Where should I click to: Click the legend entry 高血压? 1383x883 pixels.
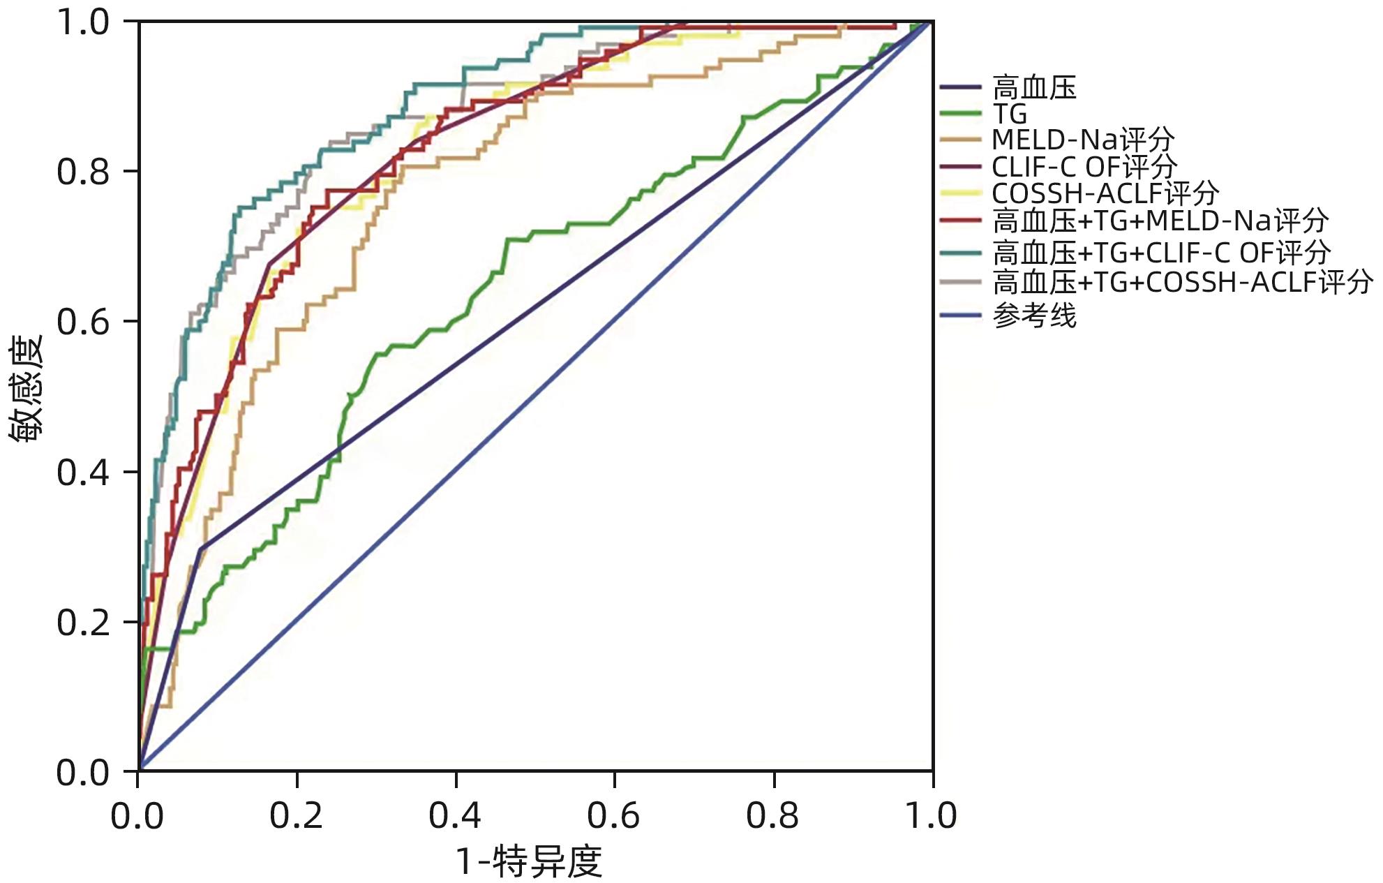point(1034,88)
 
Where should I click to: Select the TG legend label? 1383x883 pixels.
point(1010,114)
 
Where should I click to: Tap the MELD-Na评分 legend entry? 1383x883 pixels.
point(1083,140)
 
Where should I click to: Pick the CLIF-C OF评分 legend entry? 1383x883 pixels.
point(1084,166)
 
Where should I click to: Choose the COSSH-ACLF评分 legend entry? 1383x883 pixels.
point(1105,193)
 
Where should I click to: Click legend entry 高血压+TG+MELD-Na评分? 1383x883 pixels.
point(1160,221)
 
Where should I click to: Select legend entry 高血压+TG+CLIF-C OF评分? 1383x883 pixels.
point(1162,252)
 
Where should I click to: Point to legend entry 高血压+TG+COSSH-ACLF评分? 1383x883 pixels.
point(1183,283)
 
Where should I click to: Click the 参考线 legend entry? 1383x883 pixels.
point(1034,316)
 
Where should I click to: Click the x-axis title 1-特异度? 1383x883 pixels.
point(529,861)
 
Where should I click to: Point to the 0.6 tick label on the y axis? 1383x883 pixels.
point(83,322)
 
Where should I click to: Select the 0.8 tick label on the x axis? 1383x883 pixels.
point(772,815)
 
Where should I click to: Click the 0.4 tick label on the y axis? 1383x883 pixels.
point(83,473)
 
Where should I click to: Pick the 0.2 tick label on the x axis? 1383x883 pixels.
point(297,815)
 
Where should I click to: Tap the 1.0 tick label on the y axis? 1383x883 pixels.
point(83,22)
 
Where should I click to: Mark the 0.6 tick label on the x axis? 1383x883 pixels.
point(613,815)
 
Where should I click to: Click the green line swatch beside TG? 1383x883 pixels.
point(960,114)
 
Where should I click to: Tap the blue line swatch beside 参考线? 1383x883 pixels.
point(960,316)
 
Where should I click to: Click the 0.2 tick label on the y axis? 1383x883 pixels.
point(83,623)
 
